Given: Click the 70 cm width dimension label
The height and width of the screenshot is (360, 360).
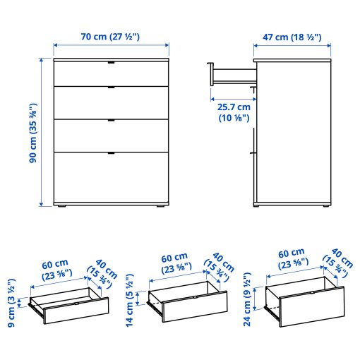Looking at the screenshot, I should tap(112, 37).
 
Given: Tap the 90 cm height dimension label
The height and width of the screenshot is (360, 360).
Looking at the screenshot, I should tap(32, 133).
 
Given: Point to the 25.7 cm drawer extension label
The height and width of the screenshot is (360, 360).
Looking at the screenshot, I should tap(234, 112).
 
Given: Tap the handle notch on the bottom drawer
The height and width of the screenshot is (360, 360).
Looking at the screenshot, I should tap(112, 152).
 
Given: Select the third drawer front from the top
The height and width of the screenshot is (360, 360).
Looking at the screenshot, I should tap(112, 134).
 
